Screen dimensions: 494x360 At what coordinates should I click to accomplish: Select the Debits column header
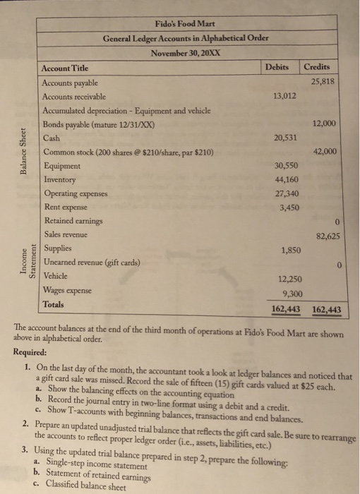pos(279,67)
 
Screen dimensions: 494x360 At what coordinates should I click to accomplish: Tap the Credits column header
pos(317,67)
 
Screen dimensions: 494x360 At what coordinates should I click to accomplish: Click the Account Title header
pos(66,68)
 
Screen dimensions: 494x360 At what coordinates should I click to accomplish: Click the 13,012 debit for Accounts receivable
pos(284,96)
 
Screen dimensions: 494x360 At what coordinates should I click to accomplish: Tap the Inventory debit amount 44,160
pos(285,179)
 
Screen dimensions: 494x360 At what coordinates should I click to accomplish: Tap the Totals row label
pos(54,305)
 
